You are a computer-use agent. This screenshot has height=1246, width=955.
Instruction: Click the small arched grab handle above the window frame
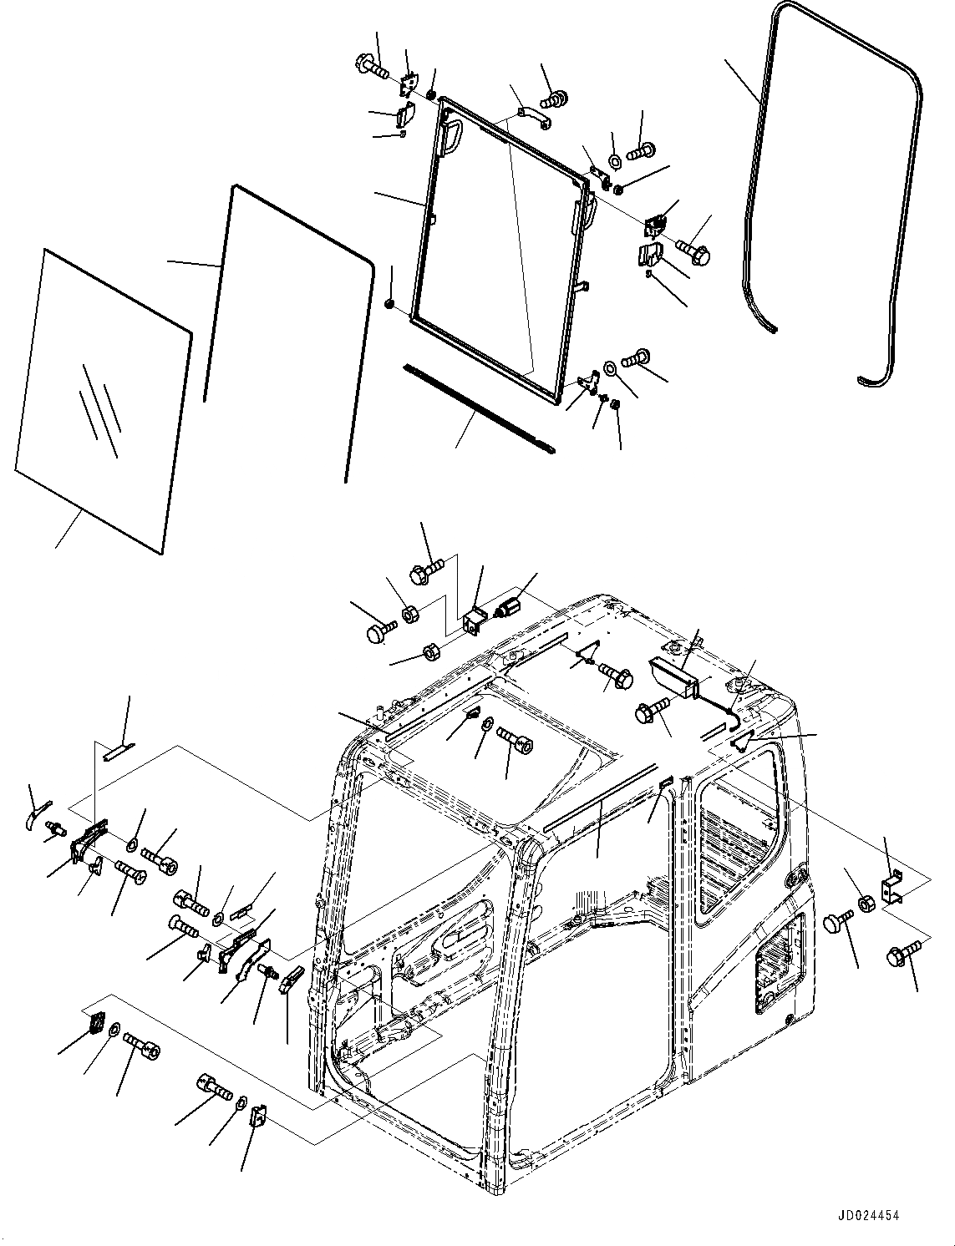(x=532, y=116)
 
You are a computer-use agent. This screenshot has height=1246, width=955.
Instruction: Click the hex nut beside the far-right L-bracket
(x=866, y=903)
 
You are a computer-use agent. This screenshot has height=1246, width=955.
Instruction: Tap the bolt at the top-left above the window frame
(x=373, y=65)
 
